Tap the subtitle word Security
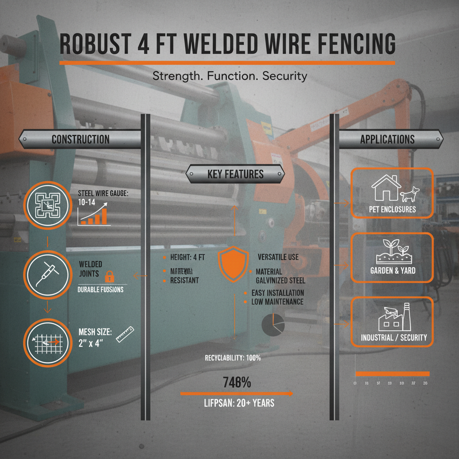point(285,76)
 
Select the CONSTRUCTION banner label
point(81,139)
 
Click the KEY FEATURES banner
point(235,174)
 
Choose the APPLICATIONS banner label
point(387,139)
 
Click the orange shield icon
point(233,265)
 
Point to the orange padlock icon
point(108,275)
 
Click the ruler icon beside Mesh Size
point(125,335)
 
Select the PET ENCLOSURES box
point(392,193)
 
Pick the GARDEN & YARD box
point(392,257)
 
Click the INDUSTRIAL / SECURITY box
point(392,321)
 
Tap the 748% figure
point(237,383)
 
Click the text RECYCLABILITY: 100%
point(233,358)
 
